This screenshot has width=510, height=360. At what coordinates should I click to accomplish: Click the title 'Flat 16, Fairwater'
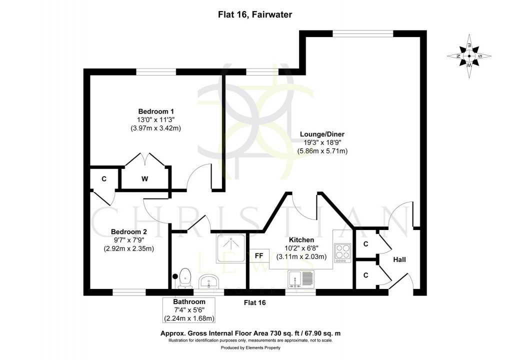[x=255, y=15]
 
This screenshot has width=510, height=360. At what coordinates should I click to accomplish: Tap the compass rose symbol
[x=469, y=56]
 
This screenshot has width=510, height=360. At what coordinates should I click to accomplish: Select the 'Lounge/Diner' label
[x=322, y=134]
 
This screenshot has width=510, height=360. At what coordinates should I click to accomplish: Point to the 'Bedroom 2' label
[x=128, y=231]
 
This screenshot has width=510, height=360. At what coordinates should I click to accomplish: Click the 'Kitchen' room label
[x=301, y=240]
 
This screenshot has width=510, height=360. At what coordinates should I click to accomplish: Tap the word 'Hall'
[x=399, y=260]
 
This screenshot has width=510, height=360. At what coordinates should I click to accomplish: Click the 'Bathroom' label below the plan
[x=189, y=302]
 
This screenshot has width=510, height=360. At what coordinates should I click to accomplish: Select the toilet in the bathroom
[x=185, y=277]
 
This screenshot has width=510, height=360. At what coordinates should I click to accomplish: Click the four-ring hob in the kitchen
[x=343, y=252]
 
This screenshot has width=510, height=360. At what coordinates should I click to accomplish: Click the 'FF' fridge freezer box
[x=259, y=256]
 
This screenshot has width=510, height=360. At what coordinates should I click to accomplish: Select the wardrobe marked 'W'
[x=144, y=178]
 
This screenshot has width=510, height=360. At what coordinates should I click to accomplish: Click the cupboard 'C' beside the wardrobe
[x=104, y=178]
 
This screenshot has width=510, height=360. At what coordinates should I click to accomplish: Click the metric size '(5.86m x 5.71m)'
[x=322, y=150]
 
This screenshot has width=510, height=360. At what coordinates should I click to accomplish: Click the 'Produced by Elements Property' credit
[x=254, y=347]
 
